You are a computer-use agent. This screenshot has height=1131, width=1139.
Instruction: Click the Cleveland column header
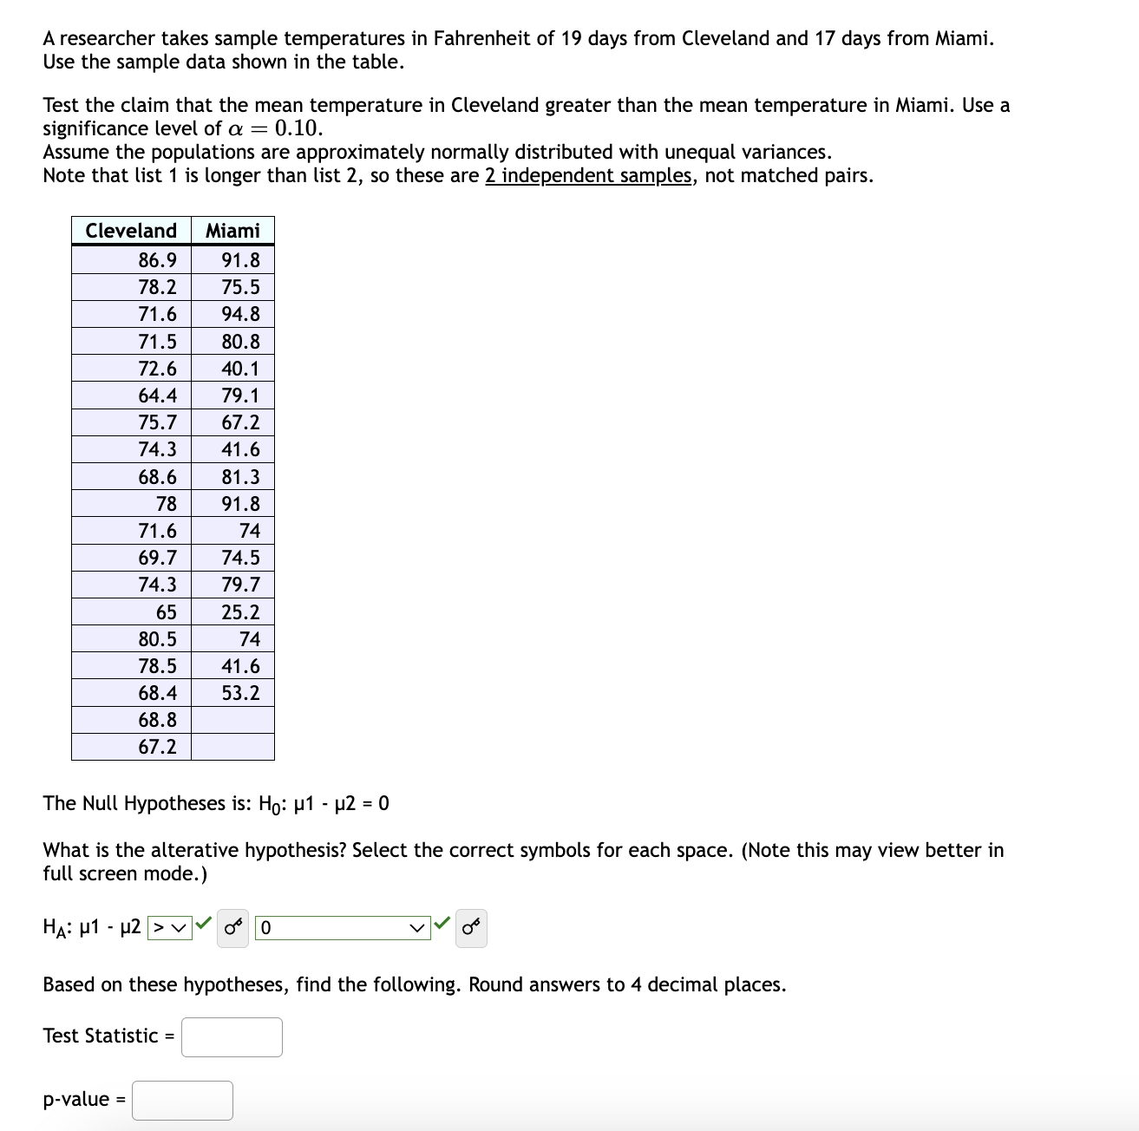(x=131, y=231)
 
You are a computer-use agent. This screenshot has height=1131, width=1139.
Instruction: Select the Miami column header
(x=232, y=231)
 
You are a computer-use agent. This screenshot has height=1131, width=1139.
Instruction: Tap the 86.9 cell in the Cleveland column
(x=157, y=260)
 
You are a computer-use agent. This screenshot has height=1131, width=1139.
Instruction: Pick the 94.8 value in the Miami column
(x=240, y=314)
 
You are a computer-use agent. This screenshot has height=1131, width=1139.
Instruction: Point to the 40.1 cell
(x=240, y=369)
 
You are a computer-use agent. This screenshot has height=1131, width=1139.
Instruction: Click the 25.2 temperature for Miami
(x=240, y=612)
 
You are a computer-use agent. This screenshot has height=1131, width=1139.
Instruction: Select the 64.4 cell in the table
(x=157, y=396)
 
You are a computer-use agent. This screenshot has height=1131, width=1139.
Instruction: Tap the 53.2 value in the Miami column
(x=240, y=693)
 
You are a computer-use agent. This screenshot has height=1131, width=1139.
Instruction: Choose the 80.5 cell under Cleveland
(x=157, y=639)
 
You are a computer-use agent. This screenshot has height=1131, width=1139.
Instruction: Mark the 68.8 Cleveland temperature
(x=157, y=720)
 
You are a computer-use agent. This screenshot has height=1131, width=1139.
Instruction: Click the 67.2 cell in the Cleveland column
(x=157, y=747)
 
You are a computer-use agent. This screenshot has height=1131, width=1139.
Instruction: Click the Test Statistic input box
(x=232, y=1036)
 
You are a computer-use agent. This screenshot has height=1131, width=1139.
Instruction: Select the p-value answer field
(x=182, y=1100)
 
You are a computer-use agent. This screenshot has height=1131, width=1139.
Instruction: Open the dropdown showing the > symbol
(x=170, y=928)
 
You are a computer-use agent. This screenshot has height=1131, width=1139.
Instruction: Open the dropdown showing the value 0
(x=343, y=928)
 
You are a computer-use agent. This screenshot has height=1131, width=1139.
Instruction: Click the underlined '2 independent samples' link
(x=588, y=176)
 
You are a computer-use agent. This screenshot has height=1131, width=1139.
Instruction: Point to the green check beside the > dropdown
(x=204, y=924)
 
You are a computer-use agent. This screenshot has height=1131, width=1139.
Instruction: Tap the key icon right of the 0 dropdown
(x=471, y=928)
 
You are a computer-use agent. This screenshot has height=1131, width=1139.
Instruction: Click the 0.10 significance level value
(x=298, y=128)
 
